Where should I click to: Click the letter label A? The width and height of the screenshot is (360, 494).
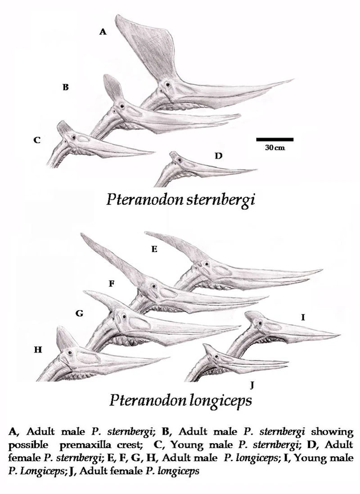(103, 32)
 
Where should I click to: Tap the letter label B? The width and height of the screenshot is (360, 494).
(65, 87)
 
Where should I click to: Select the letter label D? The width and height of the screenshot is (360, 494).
(219, 156)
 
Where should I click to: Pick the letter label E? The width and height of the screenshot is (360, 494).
(154, 249)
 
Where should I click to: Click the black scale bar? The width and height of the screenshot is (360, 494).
(274, 140)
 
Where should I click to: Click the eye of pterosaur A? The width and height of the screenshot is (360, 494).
(167, 84)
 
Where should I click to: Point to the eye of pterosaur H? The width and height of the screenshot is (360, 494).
(70, 353)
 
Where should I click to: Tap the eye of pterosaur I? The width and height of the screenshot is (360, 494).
(259, 322)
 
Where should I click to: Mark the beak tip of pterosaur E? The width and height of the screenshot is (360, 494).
(321, 270)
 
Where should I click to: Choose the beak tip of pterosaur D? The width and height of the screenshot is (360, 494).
(256, 170)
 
